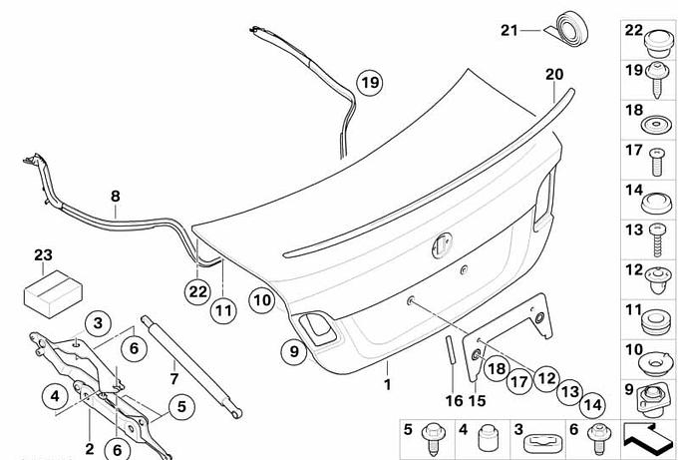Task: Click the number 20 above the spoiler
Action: click(x=554, y=73)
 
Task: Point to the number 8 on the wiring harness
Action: click(x=115, y=197)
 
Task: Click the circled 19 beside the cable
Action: click(x=370, y=84)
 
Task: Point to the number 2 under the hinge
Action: click(x=89, y=449)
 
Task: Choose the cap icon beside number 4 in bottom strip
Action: click(x=488, y=438)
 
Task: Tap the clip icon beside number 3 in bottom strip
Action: click(x=540, y=439)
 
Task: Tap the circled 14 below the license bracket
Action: click(x=592, y=404)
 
